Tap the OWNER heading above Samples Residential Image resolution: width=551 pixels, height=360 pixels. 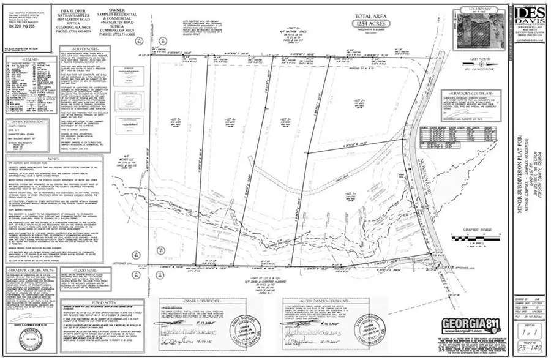(117, 11)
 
